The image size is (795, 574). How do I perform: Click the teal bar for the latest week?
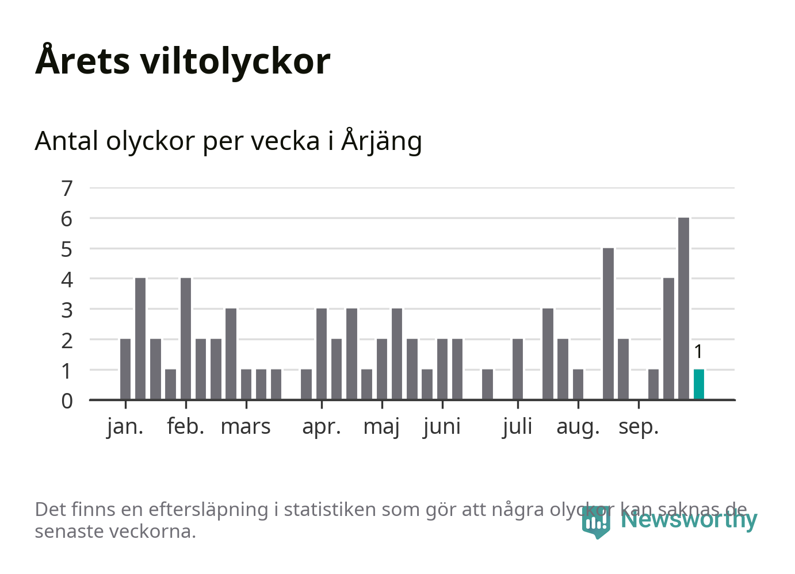pos(698,384)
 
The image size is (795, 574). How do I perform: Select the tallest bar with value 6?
pos(683,309)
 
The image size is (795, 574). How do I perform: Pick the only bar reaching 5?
pos(608,323)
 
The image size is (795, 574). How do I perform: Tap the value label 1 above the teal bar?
pos(698,352)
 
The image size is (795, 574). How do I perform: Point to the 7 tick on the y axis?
pos(67,188)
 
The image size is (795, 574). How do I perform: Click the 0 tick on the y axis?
pos(67,400)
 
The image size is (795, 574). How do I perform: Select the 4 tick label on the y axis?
pos(67,279)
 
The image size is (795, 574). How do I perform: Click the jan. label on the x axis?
pos(125,427)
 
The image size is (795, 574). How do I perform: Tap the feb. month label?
pos(185,427)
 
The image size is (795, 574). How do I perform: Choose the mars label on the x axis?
pos(246,427)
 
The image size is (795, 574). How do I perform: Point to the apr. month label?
pos(322,427)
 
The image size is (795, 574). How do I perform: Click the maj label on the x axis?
pos(381,427)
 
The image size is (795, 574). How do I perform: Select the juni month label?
pos(442,427)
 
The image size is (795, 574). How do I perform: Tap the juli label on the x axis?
pos(517,427)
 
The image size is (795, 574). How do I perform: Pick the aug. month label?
pos(578,427)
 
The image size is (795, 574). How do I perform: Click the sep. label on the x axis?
pos(638,427)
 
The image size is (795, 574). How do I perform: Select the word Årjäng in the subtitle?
pos(381,141)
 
